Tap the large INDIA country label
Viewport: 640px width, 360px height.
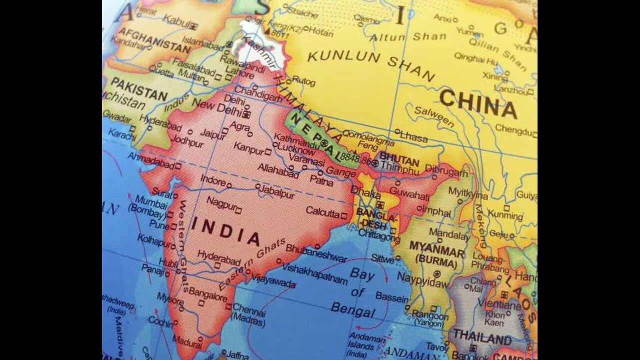pos(226,230)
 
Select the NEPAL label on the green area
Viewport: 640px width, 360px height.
pos(315,134)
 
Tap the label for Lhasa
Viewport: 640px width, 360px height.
pos(413,136)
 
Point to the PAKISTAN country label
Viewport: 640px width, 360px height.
pos(138,88)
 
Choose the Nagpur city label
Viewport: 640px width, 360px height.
pos(221,205)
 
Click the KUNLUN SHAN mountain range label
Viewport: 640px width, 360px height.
pos(370,64)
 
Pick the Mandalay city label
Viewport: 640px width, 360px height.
pos(449,233)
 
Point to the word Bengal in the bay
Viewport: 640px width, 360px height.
pos(353,310)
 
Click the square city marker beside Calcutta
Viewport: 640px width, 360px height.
pos(343,215)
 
